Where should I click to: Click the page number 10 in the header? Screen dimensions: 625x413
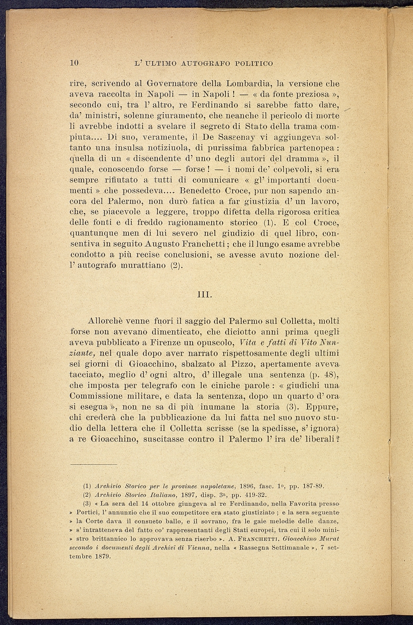click(x=73, y=63)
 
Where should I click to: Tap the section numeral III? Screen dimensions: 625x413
click(x=204, y=295)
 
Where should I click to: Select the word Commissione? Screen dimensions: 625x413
click(x=101, y=396)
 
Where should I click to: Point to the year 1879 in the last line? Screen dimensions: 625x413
click(x=102, y=556)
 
